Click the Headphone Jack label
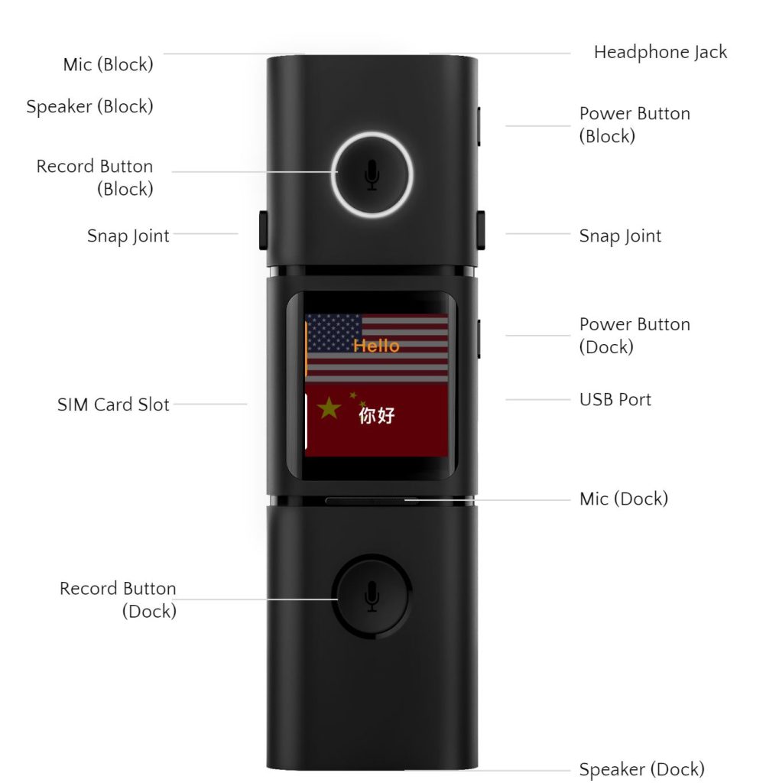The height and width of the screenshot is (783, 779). click(660, 53)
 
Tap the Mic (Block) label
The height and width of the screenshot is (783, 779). click(108, 64)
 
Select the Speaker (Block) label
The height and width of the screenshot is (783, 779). click(89, 106)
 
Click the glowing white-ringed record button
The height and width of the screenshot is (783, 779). click(372, 174)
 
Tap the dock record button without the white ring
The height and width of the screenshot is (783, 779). click(372, 595)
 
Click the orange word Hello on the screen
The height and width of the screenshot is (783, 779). click(376, 346)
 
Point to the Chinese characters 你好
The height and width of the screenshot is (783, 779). click(377, 416)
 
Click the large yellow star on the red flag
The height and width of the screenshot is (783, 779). click(329, 408)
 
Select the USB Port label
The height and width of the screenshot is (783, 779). click(615, 399)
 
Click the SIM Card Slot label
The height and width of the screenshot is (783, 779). click(113, 404)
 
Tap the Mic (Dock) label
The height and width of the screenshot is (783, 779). click(623, 499)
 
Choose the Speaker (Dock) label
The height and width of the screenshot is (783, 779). click(641, 768)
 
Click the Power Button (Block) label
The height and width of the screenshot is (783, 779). click(634, 125)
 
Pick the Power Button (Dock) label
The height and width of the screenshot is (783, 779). click(634, 335)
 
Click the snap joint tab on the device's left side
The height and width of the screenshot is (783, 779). click(263, 229)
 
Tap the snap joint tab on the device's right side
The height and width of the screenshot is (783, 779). click(482, 229)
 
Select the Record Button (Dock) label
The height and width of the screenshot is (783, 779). click(118, 599)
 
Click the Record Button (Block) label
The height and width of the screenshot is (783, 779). click(95, 177)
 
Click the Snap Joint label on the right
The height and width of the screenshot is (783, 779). click(620, 236)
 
